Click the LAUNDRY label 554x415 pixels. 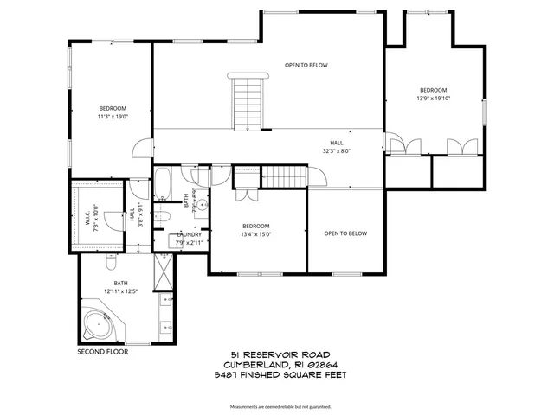tap(190, 234)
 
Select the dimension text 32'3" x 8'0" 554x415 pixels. tap(336, 150)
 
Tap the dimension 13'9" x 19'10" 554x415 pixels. tap(434, 99)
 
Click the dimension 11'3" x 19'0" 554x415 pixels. tap(113, 116)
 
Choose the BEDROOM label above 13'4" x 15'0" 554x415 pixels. tap(256, 226)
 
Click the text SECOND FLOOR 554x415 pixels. tap(102, 352)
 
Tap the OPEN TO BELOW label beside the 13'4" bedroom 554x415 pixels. tap(345, 233)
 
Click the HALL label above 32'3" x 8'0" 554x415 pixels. tap(336, 142)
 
